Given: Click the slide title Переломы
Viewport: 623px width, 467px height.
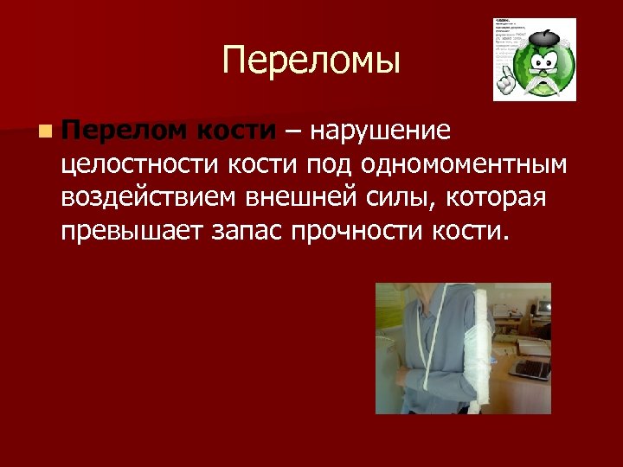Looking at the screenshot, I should tap(311, 61).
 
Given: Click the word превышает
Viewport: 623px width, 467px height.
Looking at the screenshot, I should tap(129, 231).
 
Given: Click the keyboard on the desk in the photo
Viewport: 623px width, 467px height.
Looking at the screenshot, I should tap(530, 369).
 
